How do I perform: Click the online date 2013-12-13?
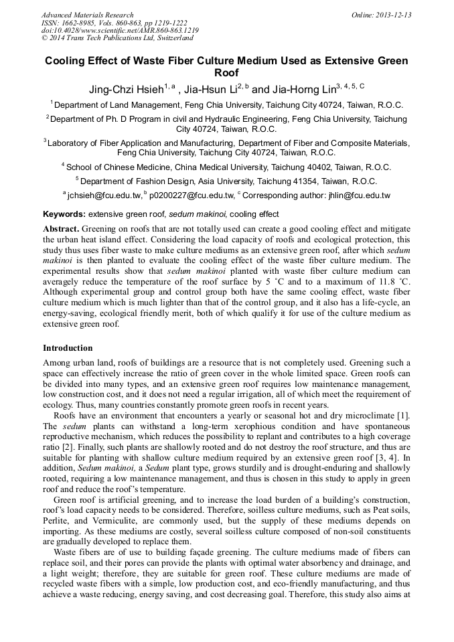coord(394,15)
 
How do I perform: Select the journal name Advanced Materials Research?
coord(87,15)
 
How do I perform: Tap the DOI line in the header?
coord(120,31)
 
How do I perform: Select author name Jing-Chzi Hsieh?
coord(126,89)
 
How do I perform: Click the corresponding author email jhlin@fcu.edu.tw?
coord(357,195)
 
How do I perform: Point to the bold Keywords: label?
coord(64,214)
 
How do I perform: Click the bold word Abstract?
coord(61,229)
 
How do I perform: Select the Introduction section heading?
coord(68,348)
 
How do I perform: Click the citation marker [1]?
coord(404,416)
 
